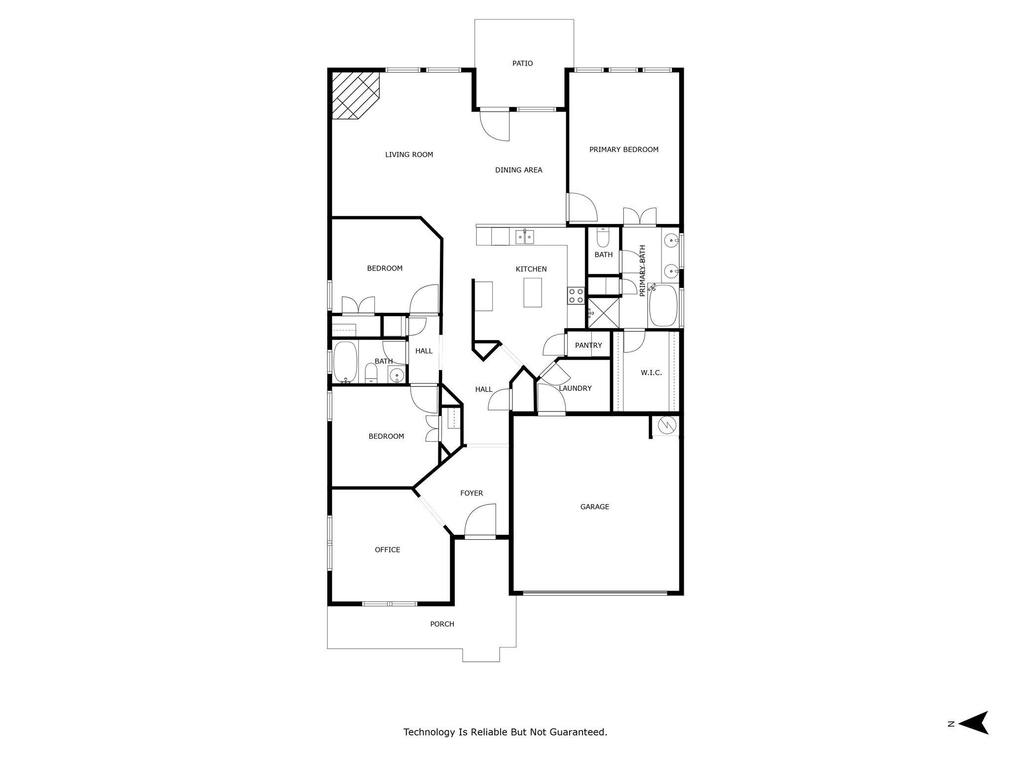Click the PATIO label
point(522,64)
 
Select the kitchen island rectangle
point(532,292)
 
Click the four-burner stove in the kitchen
point(576,296)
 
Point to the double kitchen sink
point(525,237)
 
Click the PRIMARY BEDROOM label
point(623,150)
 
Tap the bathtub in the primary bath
point(663,305)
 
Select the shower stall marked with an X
point(603,312)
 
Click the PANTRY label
point(588,345)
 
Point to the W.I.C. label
point(651,373)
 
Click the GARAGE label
point(594,507)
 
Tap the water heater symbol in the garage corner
point(666,425)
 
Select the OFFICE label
point(387,550)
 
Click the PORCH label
point(442,624)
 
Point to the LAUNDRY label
point(575,389)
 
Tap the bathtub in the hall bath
point(345,362)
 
